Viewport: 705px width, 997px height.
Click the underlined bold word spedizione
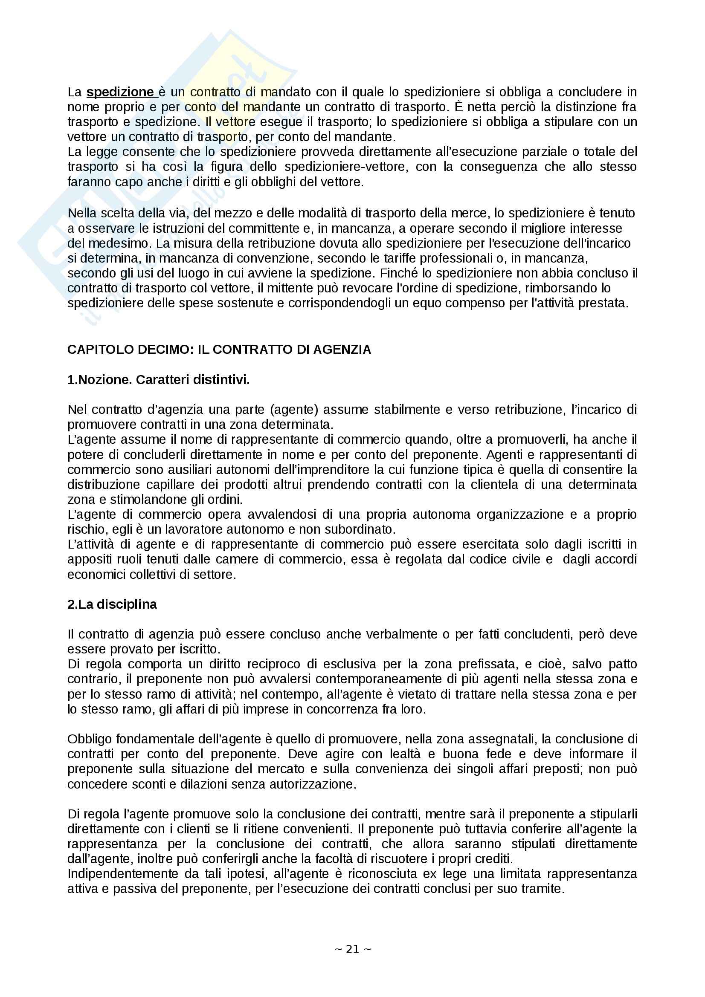pos(120,92)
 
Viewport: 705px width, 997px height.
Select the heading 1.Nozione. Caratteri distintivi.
pos(159,380)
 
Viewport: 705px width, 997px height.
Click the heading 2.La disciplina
pos(112,604)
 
